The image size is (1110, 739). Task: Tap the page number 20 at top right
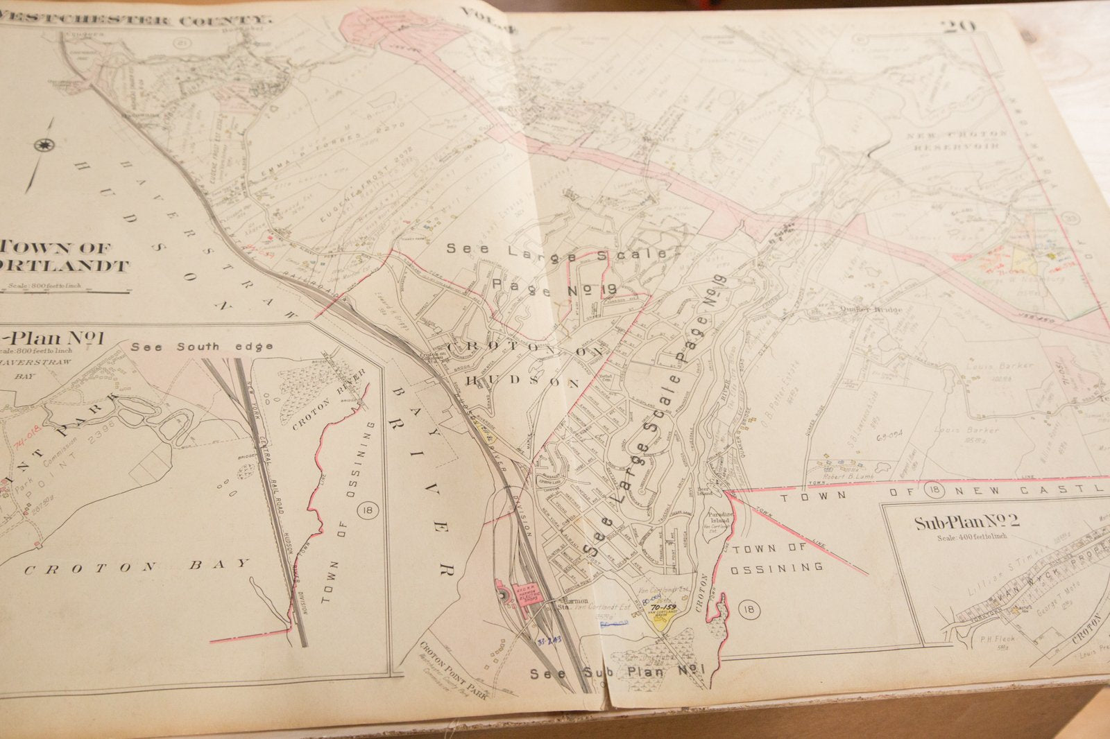pos(959,28)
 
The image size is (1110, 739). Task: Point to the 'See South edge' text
pos(201,347)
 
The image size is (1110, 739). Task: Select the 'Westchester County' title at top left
pos(135,17)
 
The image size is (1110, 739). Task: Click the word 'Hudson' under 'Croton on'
pos(522,382)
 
